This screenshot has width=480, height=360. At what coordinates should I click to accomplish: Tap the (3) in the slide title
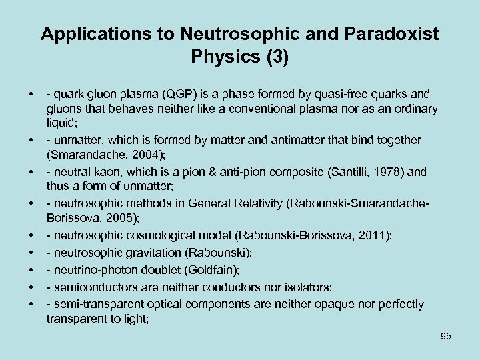pos(277,57)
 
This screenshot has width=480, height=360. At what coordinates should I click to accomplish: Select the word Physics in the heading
pos(225,57)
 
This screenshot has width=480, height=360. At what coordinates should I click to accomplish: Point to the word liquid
pos(60,124)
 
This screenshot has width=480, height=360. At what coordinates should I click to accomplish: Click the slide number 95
pos(445,336)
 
